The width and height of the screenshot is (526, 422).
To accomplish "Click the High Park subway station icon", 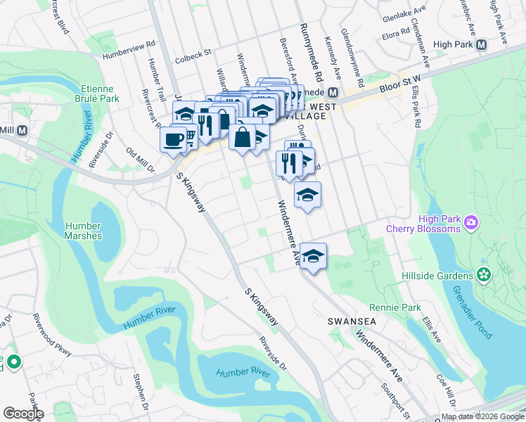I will [x=482, y=44].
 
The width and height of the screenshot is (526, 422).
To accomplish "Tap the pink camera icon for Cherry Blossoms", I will [x=470, y=224].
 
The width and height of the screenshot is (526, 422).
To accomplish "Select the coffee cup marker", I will [x=173, y=139].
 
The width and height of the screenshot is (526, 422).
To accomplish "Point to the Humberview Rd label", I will [x=128, y=49].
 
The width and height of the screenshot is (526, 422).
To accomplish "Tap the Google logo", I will [x=23, y=414].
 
